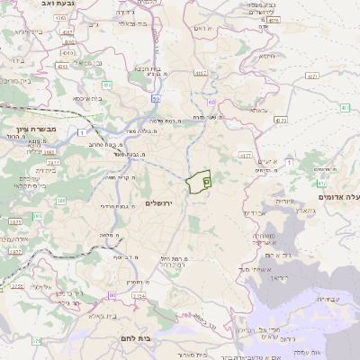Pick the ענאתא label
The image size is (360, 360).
click(258, 110)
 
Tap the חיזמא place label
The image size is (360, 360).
click(266, 56)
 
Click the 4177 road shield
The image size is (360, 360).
click(244, 157)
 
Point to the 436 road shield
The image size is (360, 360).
click(106, 85)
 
